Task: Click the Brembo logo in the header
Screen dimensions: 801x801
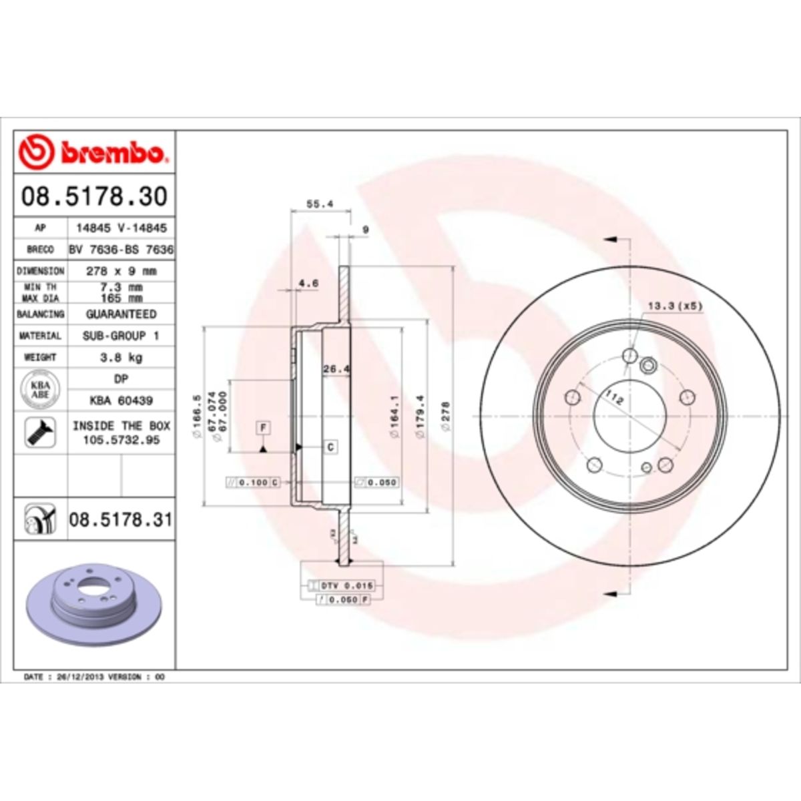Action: pos(93,152)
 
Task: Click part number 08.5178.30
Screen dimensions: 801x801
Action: pos(94,196)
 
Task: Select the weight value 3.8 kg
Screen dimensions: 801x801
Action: pos(121,357)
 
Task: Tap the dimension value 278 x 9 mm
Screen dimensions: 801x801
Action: pos(121,271)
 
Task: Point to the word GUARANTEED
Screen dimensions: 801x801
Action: pos(121,314)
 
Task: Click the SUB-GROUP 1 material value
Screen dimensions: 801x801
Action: pos(121,336)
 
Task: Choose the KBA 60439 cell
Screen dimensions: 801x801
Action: pos(121,400)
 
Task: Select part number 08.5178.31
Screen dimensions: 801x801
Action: pos(120,519)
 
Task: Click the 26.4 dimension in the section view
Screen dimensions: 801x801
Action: pos(336,368)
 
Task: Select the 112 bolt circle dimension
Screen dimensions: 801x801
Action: pos(614,398)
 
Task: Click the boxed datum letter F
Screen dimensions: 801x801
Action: pos(264,426)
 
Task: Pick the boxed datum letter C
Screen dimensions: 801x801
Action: pos(331,447)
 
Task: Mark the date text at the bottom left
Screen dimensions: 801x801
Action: pos(93,677)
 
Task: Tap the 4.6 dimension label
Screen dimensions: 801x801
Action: pos(308,283)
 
